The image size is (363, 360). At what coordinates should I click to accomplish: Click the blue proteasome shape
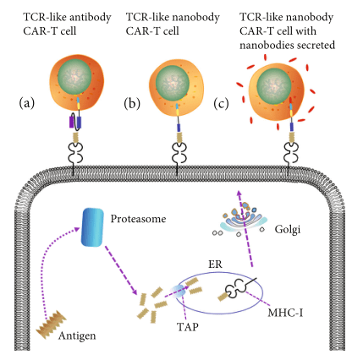(x=92, y=227)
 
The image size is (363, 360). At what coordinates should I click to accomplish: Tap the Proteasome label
(x=138, y=219)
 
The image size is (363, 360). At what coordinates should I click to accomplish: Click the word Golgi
(x=288, y=230)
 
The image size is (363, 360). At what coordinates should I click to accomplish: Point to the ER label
(x=215, y=265)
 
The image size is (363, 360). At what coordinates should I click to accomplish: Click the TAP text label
(x=188, y=327)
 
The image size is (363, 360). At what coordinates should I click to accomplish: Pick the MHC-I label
(x=285, y=313)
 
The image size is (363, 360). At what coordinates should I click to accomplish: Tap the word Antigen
(x=77, y=335)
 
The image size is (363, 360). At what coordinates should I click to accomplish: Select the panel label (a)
(x=27, y=103)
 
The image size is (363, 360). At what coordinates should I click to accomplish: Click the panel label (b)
(x=132, y=103)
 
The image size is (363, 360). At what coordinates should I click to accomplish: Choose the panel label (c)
(x=221, y=103)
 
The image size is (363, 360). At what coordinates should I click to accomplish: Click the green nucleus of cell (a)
(x=74, y=77)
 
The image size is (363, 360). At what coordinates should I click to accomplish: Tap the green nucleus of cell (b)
(x=173, y=83)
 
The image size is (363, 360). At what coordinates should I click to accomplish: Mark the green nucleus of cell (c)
(x=274, y=85)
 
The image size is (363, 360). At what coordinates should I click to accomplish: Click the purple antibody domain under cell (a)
(x=71, y=123)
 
